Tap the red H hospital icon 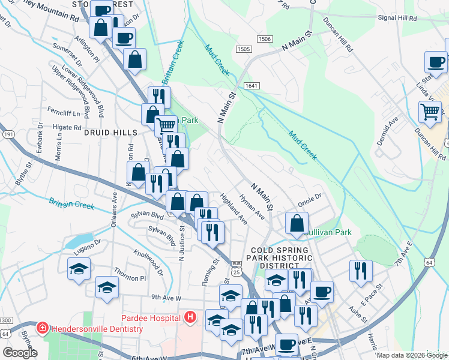190,317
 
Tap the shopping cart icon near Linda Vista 430,111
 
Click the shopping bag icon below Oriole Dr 297,223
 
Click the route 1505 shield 243,49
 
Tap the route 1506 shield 264,39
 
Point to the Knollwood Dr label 148,263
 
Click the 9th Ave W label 166,297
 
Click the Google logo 20,353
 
